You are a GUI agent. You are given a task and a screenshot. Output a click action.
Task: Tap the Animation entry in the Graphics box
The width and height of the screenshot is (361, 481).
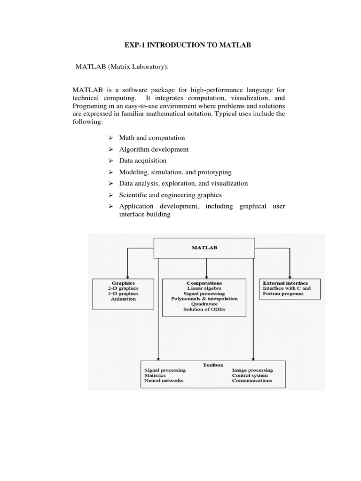(x=123, y=299)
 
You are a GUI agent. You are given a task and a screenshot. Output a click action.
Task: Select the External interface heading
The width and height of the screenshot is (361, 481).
(x=285, y=283)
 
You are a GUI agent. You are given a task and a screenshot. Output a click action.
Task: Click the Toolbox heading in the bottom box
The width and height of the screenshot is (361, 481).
(x=213, y=365)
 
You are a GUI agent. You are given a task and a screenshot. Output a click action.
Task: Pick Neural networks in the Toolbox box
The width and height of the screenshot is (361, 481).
(x=164, y=380)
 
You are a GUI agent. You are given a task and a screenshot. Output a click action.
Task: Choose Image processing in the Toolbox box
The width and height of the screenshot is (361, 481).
(x=252, y=370)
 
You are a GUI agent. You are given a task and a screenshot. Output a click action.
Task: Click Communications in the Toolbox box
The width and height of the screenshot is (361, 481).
(x=252, y=380)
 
